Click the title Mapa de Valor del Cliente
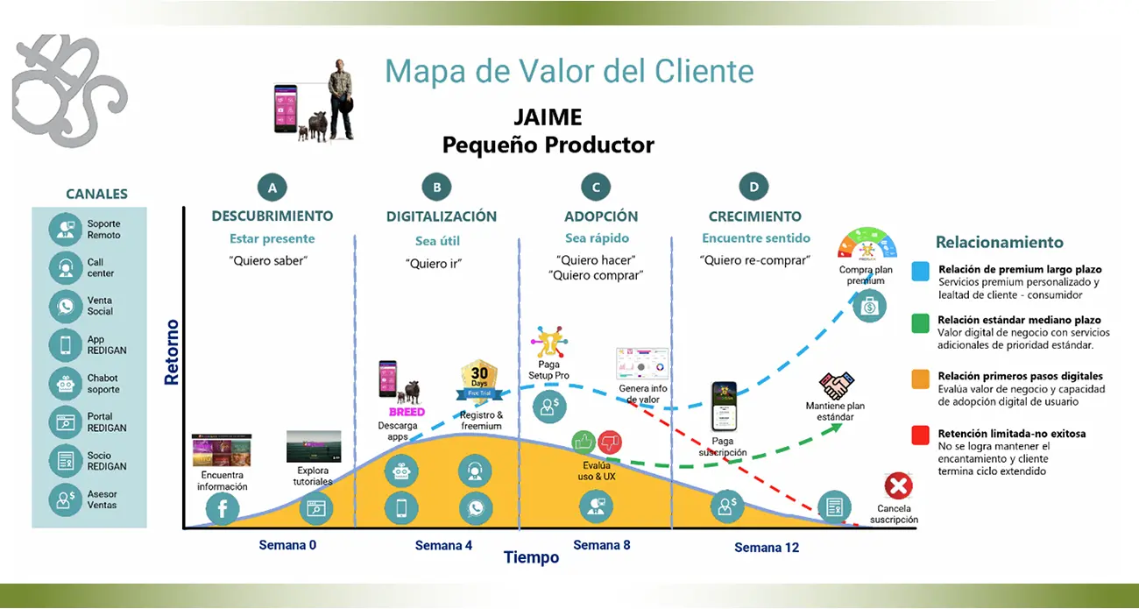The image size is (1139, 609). click(569, 71)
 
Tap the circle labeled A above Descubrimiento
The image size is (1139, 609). click(272, 187)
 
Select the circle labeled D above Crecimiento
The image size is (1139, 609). click(753, 187)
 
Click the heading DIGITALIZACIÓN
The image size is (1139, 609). click(442, 216)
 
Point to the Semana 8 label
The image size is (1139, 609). click(601, 545)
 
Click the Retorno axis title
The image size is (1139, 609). click(172, 353)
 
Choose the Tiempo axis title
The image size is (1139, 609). click(531, 557)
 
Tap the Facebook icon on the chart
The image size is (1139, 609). click(222, 507)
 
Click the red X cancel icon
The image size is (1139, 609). click(897, 485)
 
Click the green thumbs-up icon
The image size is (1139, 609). click(584, 442)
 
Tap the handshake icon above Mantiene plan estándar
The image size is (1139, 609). click(838, 386)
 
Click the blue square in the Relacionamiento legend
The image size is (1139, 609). click(920, 270)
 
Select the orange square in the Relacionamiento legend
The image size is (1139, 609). click(920, 378)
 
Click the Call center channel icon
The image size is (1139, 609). click(66, 267)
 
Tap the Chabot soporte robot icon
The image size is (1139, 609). click(66, 383)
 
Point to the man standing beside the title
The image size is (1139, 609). click(340, 99)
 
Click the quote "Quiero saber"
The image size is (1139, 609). click(272, 260)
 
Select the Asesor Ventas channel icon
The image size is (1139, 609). click(66, 499)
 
